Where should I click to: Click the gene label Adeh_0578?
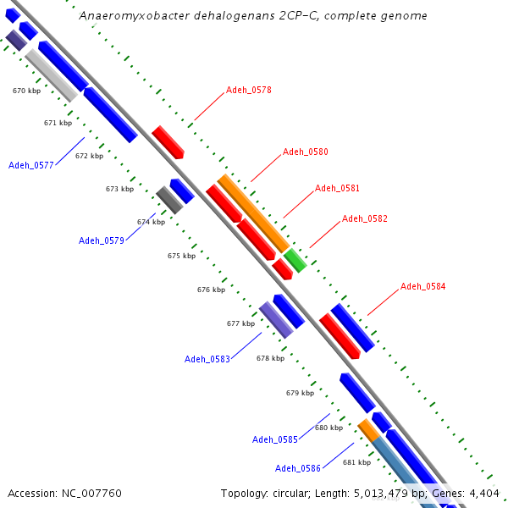click(x=248, y=89)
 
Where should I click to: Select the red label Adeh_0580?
click(x=305, y=152)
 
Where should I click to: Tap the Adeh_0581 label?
click(x=337, y=188)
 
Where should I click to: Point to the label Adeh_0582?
click(x=364, y=218)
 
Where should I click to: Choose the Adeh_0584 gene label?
click(x=422, y=286)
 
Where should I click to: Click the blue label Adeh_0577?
click(x=31, y=165)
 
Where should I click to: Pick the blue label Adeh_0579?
click(x=102, y=240)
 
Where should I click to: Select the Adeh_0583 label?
click(x=207, y=359)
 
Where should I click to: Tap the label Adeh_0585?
click(x=275, y=439)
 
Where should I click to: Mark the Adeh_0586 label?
click(x=298, y=468)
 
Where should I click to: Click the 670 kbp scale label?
click(x=26, y=90)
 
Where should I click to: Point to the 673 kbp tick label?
click(x=119, y=189)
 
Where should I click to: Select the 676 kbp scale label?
click(x=211, y=290)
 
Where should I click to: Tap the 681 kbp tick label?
click(x=356, y=462)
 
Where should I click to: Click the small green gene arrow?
click(x=295, y=260)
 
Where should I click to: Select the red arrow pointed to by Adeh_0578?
click(x=168, y=142)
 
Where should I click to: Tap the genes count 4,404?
click(x=483, y=493)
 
